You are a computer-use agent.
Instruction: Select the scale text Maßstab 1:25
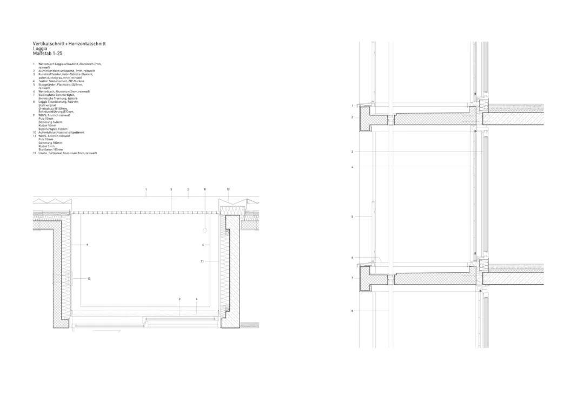pos(48,53)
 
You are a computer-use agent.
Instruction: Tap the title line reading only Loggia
pos(40,48)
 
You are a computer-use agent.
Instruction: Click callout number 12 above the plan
pos(228,189)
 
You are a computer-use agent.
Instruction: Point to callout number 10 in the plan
pos(89,279)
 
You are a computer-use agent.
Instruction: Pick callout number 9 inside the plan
pos(87,245)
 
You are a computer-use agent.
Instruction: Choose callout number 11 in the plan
pos(202,261)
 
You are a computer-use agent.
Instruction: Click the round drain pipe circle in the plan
pos(205,231)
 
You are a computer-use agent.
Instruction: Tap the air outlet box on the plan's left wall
pos(56,279)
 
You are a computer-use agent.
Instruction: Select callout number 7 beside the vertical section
pos(352,278)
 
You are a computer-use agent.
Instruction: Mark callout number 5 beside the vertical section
pos(352,217)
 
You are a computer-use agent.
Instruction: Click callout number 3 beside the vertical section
pos(352,152)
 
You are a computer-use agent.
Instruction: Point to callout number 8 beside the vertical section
pos(352,311)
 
